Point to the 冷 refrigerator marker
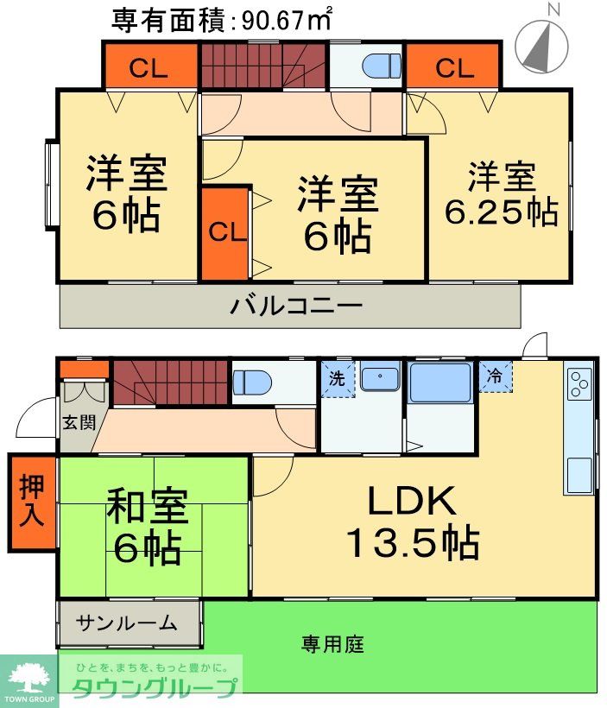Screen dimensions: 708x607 495,376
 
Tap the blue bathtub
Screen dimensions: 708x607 439,382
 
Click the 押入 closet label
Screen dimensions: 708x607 31,503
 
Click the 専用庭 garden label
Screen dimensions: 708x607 332,644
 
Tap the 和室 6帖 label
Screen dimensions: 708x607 145,526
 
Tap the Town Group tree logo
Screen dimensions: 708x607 28,678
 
